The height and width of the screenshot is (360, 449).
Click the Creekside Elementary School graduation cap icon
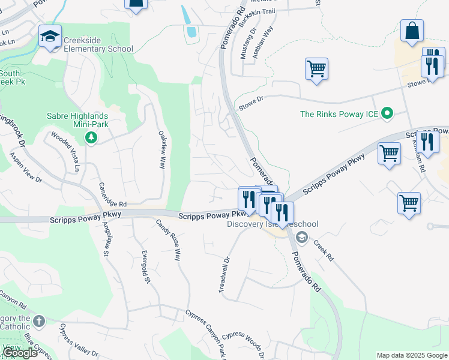50,36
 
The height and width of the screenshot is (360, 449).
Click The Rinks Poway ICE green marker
387,113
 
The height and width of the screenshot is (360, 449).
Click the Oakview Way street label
161,150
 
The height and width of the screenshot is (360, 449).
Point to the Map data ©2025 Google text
411,355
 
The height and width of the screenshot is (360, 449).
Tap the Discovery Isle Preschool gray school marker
301,238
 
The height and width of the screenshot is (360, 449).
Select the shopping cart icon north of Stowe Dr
316,68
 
